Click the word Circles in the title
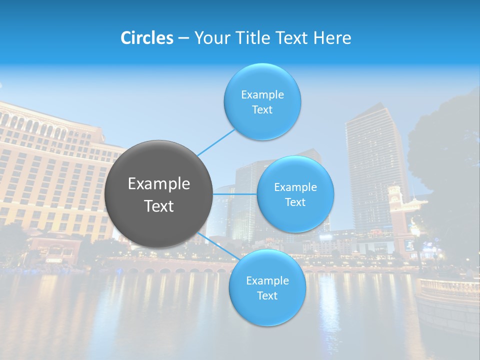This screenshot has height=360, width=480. click(x=147, y=38)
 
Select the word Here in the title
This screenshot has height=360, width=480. click(x=332, y=38)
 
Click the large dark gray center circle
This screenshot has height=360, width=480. click(x=158, y=194)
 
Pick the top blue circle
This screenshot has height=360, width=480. click(x=262, y=101)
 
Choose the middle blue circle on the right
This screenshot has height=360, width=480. click(x=295, y=194)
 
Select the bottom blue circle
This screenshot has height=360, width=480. click(x=267, y=287)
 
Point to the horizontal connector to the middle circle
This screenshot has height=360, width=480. click(x=234, y=194)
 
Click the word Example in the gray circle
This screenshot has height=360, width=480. click(x=158, y=184)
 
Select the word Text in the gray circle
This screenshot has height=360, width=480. click(x=158, y=206)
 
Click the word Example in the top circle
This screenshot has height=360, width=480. click(x=262, y=94)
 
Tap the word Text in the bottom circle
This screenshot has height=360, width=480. click(x=267, y=295)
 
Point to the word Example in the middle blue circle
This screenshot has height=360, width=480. click(x=295, y=187)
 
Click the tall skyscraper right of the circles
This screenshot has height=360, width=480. click(x=375, y=165)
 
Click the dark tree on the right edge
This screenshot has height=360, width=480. click(x=445, y=160)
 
